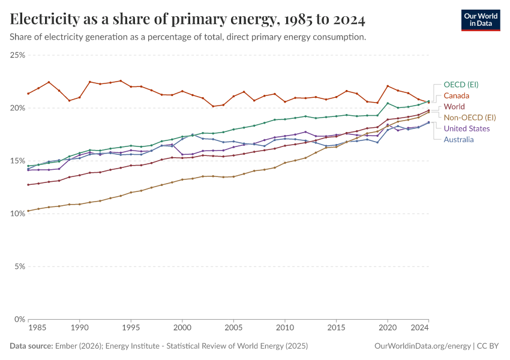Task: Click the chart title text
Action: [x=188, y=20]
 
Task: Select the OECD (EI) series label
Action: [x=461, y=85]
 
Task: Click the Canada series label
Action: [x=456, y=96]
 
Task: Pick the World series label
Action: [x=454, y=107]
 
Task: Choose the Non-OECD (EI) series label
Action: [x=470, y=118]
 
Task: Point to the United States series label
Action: [x=467, y=128]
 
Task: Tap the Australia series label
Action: [x=458, y=140]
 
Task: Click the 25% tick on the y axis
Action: [x=17, y=55]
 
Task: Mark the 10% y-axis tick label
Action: [x=17, y=214]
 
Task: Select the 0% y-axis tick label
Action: [x=19, y=319]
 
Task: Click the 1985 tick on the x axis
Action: [x=37, y=328]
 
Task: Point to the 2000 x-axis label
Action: [x=182, y=328]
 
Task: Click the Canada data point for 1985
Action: [x=28, y=94]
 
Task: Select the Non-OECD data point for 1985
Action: [x=28, y=211]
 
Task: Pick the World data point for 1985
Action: [x=28, y=185]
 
